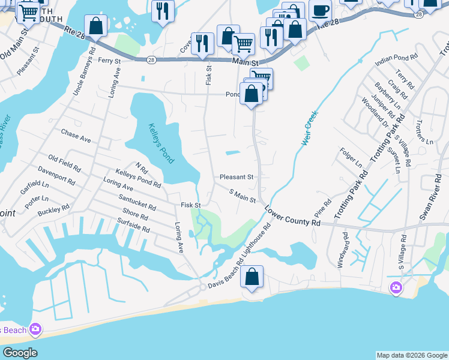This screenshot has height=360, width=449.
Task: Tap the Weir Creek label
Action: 309,128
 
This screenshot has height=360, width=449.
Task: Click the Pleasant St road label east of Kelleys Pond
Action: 237,177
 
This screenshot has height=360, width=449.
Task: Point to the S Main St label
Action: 243,196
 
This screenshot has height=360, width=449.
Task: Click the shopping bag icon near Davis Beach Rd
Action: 253,277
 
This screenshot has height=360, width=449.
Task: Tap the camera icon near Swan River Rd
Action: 396,288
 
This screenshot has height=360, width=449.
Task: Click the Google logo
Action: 19,353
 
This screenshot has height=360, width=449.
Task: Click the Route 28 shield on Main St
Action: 151,59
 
